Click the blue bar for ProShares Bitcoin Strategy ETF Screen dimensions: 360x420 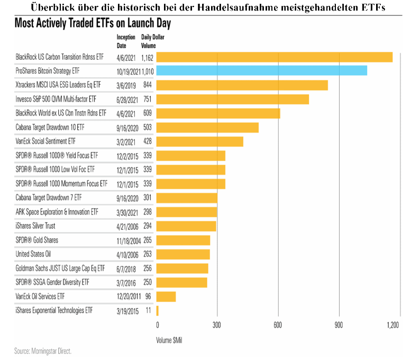tap(261, 70)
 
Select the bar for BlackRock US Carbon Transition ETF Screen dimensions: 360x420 tap(274, 57)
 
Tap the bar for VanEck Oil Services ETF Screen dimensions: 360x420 tap(166, 297)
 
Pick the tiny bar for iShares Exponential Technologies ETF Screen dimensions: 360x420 tap(157, 311)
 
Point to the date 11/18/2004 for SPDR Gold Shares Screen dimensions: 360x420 tap(126, 239)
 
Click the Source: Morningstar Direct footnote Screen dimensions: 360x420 tap(43, 350)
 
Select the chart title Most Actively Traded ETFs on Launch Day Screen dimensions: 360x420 tap(93, 24)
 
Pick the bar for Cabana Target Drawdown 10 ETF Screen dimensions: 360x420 tap(207, 127)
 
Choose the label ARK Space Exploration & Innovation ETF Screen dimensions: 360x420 tap(57, 211)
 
